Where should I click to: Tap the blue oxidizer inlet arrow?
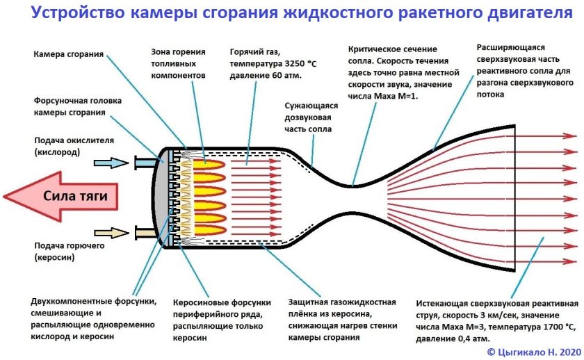pos(111,163)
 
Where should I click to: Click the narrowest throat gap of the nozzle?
pos(355,197)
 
